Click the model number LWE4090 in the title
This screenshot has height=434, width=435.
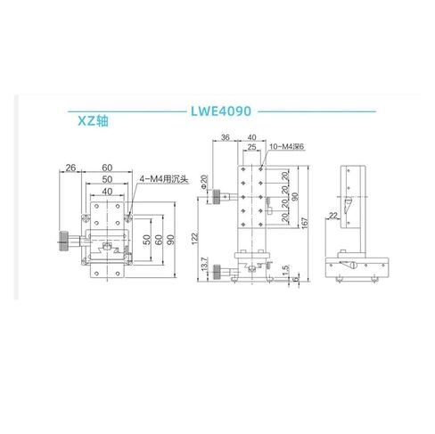pyautogui.click(x=223, y=112)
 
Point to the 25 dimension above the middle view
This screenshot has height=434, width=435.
pyautogui.click(x=253, y=147)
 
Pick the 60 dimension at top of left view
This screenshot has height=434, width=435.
pyautogui.click(x=106, y=167)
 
